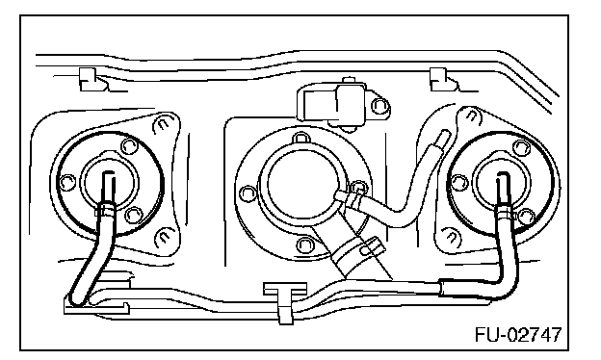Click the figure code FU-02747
click(x=518, y=335)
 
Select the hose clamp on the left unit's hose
click(x=105, y=210)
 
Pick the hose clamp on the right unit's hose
click(x=505, y=212)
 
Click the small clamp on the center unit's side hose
click(x=353, y=200)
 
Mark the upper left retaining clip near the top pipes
click(x=92, y=80)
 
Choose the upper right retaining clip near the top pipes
click(x=444, y=80)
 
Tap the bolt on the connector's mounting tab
click(x=379, y=105)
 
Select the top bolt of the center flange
click(x=300, y=138)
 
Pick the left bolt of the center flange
click(x=247, y=193)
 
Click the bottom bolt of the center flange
click(x=304, y=244)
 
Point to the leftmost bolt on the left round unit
click(x=67, y=181)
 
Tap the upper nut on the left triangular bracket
click(x=162, y=124)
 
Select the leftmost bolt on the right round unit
click(x=458, y=182)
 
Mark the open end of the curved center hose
click(x=445, y=135)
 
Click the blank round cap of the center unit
click(x=302, y=181)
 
